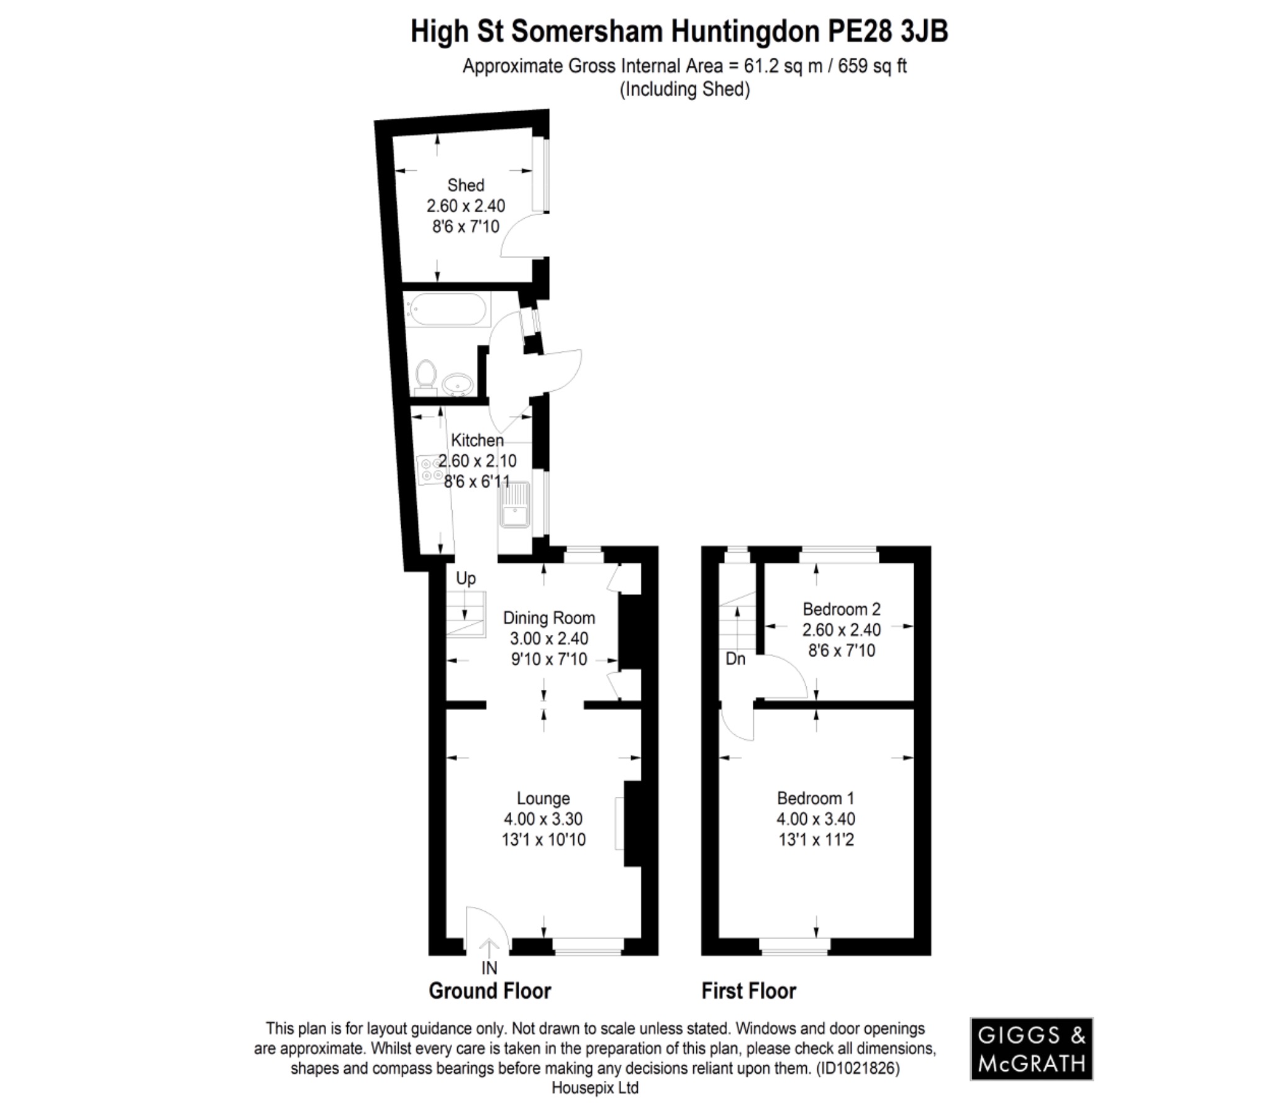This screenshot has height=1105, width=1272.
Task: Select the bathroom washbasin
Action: [x=458, y=384]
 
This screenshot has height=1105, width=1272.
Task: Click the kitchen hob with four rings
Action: [x=429, y=470]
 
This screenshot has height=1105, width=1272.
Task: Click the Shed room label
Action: [x=465, y=185]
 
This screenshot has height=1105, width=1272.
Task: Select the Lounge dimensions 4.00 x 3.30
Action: [x=543, y=819]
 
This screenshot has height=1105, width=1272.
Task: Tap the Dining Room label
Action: [x=548, y=618]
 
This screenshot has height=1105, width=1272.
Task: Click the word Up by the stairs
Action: [x=466, y=578]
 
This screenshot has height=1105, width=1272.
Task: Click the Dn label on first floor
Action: [x=735, y=658]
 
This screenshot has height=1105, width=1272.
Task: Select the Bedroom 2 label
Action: [x=841, y=609]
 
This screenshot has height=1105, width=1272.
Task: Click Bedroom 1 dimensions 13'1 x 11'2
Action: [x=815, y=840]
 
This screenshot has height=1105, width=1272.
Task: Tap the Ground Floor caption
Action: [x=489, y=991]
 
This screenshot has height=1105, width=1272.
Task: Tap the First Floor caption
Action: [x=748, y=991]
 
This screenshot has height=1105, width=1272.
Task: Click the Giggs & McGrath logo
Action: [x=1031, y=1048]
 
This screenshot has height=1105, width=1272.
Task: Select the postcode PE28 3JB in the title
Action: [x=888, y=31]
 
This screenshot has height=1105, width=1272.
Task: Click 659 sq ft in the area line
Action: [x=873, y=66]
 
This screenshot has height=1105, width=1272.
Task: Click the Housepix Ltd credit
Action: [x=594, y=1088]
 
